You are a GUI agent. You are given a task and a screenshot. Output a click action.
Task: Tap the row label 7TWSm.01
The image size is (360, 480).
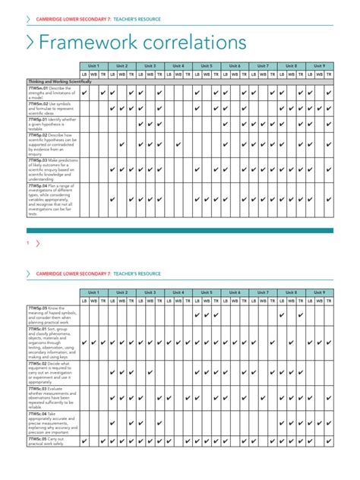(39, 88)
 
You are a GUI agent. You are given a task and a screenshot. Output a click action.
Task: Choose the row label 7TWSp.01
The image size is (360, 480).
(39, 119)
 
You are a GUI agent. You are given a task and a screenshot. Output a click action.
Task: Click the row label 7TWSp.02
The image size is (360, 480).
(39, 135)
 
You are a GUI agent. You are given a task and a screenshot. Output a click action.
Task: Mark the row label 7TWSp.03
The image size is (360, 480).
(39, 160)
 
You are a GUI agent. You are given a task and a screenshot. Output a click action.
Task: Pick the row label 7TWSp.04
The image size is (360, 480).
(39, 185)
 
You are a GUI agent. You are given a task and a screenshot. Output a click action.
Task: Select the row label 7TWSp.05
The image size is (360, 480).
(39, 308)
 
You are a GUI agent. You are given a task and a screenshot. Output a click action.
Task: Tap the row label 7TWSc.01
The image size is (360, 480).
(39, 328)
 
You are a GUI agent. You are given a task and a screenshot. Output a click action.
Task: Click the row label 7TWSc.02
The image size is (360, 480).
(39, 364)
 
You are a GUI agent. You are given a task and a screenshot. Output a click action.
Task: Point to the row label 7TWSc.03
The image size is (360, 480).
(39, 388)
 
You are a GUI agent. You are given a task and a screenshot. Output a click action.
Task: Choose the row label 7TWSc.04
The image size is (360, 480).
(39, 413)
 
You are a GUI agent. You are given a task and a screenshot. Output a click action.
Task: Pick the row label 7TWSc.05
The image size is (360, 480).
(39, 438)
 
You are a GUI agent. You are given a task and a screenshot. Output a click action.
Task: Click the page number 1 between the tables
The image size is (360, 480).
(28, 243)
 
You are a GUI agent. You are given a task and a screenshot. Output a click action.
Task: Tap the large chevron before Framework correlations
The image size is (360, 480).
(30, 42)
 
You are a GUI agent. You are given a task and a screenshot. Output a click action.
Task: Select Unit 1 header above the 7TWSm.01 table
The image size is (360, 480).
(93, 66)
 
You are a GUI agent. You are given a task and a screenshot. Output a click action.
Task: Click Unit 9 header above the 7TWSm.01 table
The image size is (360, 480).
(318, 66)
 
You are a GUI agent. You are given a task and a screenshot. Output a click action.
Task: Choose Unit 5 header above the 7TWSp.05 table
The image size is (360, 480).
(206, 292)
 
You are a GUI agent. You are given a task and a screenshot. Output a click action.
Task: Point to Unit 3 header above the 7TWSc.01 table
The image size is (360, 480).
(150, 292)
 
